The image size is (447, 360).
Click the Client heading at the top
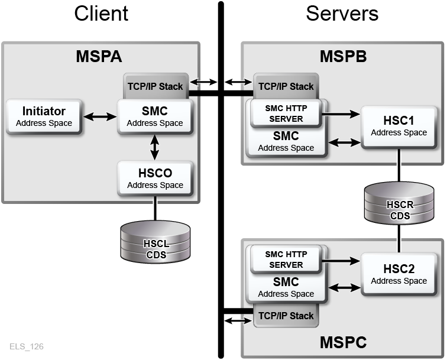pyautogui.click(x=101, y=14)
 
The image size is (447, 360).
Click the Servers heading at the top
pyautogui.click(x=342, y=14)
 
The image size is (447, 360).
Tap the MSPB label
pyautogui.click(x=343, y=57)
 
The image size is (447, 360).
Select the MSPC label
pyautogui.click(x=343, y=342)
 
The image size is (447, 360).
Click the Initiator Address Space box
pyautogui.click(x=44, y=116)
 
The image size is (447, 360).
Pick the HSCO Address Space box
pyautogui.click(x=155, y=179)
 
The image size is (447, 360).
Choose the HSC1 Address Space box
pyautogui.click(x=399, y=126)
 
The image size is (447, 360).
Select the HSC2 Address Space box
pyautogui.click(x=399, y=274)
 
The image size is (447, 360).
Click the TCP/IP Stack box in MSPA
pyautogui.click(x=156, y=86)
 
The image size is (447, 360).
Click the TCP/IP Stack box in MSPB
pyautogui.click(x=286, y=86)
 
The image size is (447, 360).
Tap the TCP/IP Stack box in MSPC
pyautogui.click(x=286, y=316)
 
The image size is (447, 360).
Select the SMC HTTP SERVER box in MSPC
pyautogui.click(x=286, y=259)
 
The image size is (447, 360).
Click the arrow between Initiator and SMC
pyautogui.click(x=99, y=117)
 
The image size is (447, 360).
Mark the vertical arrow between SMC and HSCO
pyautogui.click(x=155, y=147)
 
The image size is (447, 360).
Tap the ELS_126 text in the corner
pyautogui.click(x=26, y=346)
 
